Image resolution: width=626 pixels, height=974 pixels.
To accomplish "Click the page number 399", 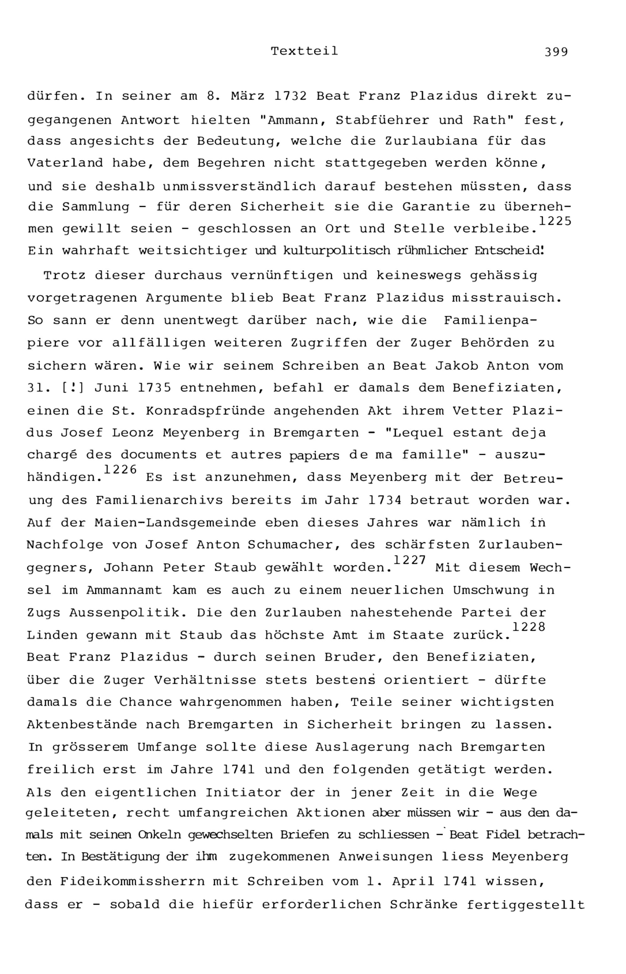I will pos(556,52).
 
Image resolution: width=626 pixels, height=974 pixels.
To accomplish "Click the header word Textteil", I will pos(304,51).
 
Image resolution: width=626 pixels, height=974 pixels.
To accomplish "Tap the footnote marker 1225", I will pos(555,221).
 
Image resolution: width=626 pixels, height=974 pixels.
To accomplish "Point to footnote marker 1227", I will pos(409,560).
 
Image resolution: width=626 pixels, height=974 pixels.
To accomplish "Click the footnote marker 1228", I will pos(528,627).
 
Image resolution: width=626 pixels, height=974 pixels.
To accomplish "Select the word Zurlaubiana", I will pos(431,141).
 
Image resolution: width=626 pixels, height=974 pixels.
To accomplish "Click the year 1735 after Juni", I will pos(155,388).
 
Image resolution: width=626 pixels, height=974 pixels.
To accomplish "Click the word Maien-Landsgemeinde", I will pos(175,523).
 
